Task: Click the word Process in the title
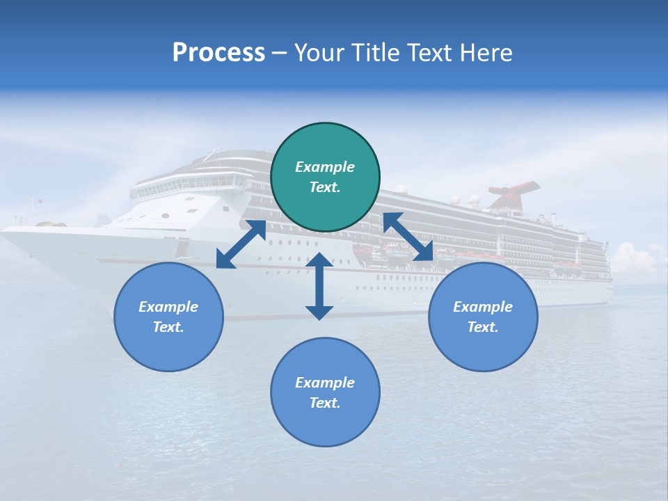pos(218,53)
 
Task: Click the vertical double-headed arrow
pos(319,286)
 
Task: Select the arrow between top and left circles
pos(241,244)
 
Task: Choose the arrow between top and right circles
pos(408,237)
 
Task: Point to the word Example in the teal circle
pos(325,167)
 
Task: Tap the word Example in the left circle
pos(168,307)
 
